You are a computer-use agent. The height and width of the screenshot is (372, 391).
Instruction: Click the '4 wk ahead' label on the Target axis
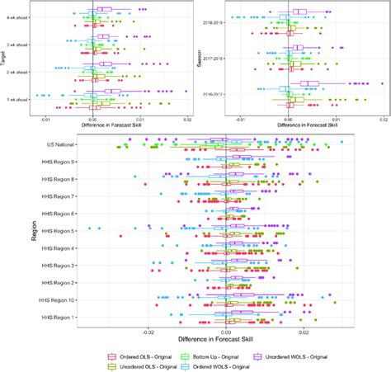point(17,18)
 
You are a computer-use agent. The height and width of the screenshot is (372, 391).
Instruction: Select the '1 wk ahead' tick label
point(17,99)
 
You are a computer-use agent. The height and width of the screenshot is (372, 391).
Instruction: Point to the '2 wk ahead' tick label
point(17,72)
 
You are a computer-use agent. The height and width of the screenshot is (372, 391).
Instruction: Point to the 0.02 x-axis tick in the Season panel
point(383,120)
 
